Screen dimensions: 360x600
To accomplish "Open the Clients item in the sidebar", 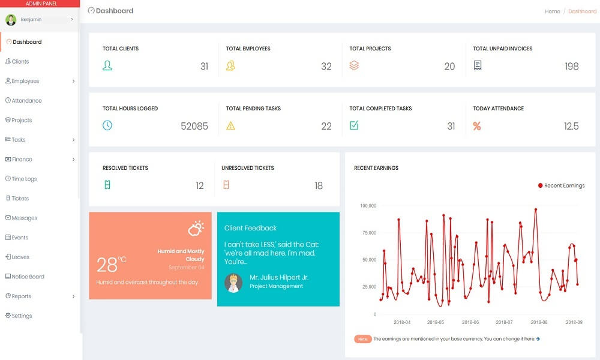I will click(x=20, y=62).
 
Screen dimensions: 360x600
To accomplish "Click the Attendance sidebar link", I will click(x=26, y=101).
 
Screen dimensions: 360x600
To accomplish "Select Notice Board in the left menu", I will click(x=28, y=277).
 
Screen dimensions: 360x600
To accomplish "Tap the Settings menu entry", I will click(x=22, y=316).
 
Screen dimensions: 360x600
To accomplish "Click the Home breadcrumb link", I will click(x=552, y=11).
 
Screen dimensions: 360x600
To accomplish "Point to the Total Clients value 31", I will click(x=204, y=67).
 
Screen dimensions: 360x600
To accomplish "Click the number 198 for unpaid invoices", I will click(x=571, y=67).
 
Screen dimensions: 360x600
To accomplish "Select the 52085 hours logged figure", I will click(x=194, y=127).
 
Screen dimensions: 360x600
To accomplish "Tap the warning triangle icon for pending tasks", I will click(x=230, y=126).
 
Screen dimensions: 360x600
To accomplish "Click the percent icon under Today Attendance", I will click(x=477, y=126).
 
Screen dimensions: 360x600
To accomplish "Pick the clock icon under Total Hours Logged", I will click(x=107, y=125).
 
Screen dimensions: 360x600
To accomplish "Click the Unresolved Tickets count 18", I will click(x=319, y=186).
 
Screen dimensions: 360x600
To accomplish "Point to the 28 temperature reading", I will click(x=107, y=265).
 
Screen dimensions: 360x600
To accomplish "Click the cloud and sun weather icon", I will click(x=196, y=228).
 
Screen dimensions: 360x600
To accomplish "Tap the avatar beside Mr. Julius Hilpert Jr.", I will click(x=233, y=283).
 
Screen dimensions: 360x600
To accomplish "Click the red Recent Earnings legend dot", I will click(x=540, y=186).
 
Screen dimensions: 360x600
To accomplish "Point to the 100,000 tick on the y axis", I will click(x=367, y=206).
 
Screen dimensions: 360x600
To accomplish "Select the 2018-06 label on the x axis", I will click(x=470, y=322).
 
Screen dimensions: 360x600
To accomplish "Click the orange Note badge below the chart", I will click(x=362, y=339).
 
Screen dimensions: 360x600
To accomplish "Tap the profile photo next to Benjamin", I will click(x=11, y=20).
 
